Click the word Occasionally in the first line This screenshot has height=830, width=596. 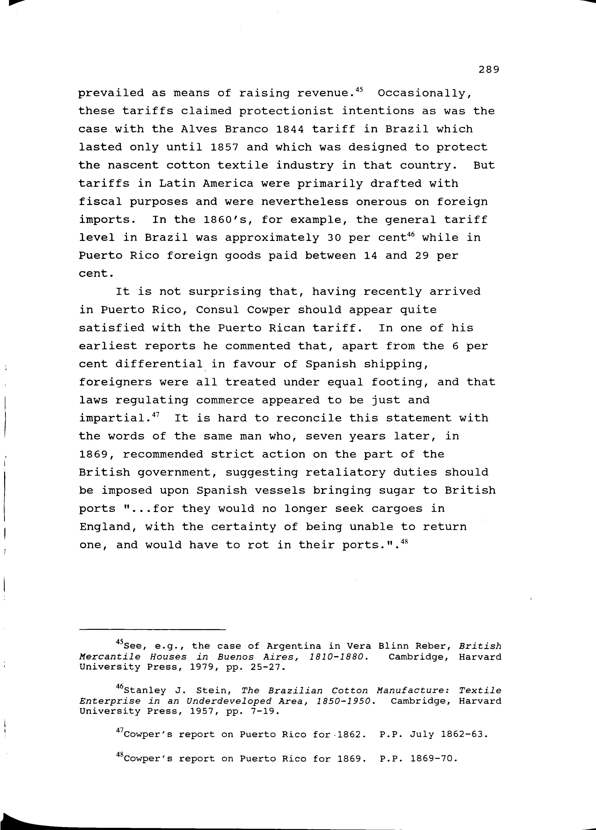(424, 93)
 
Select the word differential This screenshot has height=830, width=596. (159, 364)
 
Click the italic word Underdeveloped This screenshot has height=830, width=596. (229, 701)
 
